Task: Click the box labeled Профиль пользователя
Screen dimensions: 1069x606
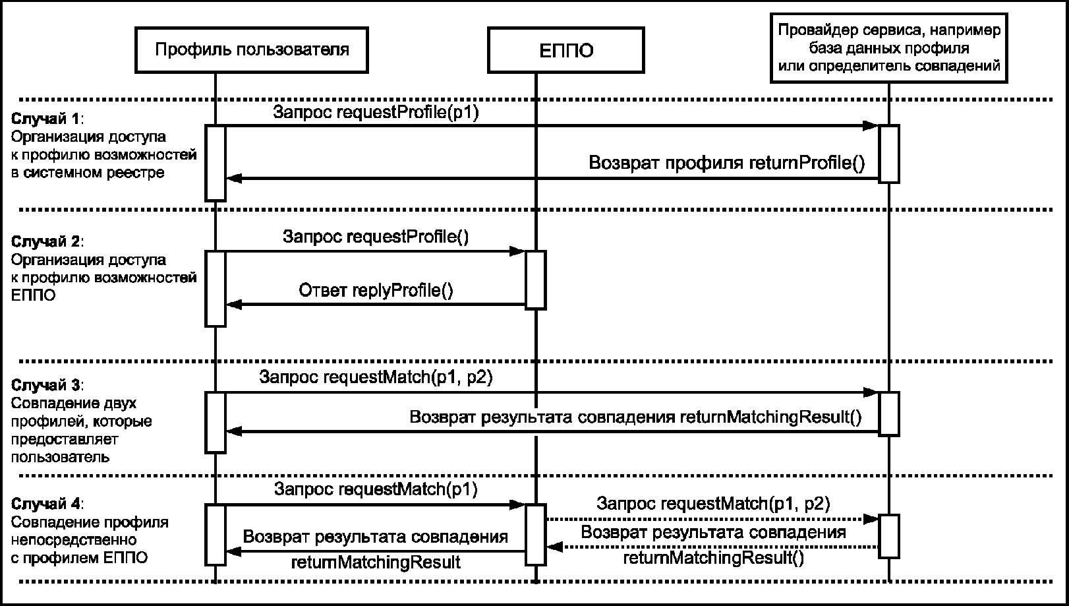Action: pos(252,49)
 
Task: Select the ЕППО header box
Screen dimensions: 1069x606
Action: pos(566,49)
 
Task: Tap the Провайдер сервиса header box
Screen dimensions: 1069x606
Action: pos(888,47)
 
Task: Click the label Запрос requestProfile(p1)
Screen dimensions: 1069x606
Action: pos(376,112)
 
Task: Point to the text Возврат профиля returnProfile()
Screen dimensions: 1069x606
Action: pos(726,163)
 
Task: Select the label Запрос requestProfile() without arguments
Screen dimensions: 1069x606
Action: pos(376,236)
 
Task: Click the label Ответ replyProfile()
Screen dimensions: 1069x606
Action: pos(376,290)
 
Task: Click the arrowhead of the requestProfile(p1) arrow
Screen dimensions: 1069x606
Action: pos(871,126)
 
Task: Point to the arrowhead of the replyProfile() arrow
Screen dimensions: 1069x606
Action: pos(234,305)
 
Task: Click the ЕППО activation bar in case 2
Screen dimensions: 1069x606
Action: pos(535,280)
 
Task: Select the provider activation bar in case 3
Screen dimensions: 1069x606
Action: pos(889,413)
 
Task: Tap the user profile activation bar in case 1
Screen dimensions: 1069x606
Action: pos(216,163)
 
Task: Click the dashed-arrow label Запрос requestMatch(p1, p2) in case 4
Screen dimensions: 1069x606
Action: pos(713,503)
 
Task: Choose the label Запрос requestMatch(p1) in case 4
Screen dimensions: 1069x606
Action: pos(376,489)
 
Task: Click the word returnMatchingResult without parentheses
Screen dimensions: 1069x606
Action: pos(376,562)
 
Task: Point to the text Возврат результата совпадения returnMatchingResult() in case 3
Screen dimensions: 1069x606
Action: pos(636,417)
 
